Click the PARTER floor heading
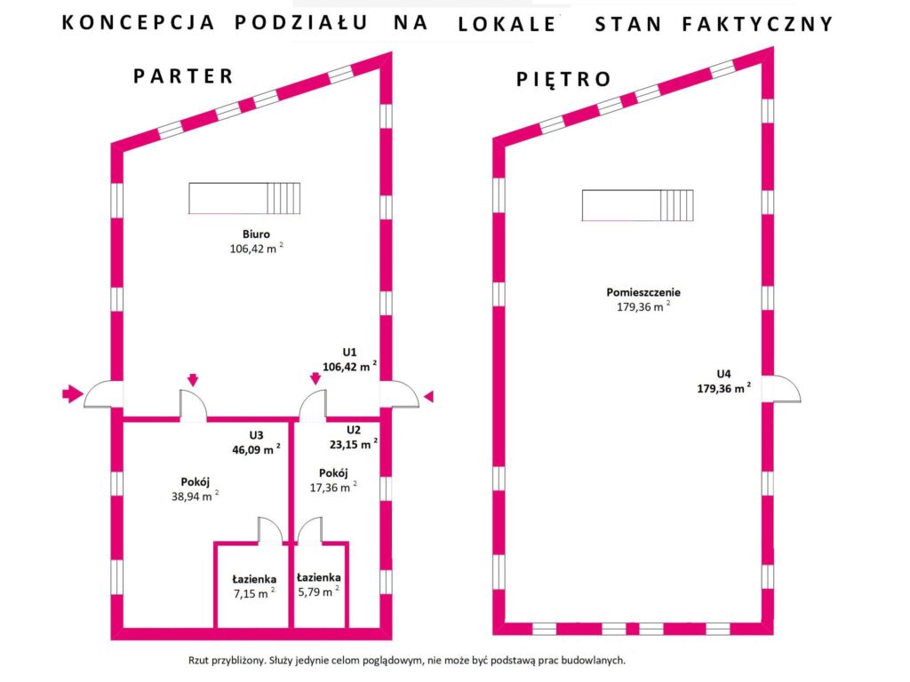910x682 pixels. [x=183, y=75]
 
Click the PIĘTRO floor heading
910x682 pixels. [x=563, y=79]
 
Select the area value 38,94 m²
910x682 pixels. [x=195, y=496]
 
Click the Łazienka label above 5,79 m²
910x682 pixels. [x=318, y=576]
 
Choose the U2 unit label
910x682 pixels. [x=354, y=427]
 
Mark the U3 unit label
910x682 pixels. [x=256, y=435]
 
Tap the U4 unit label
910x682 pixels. [x=724, y=374]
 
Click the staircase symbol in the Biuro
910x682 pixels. [x=244, y=198]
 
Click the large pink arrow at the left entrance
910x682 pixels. [x=72, y=393]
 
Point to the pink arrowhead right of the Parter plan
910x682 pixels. [x=428, y=396]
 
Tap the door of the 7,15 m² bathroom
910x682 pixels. [x=269, y=530]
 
